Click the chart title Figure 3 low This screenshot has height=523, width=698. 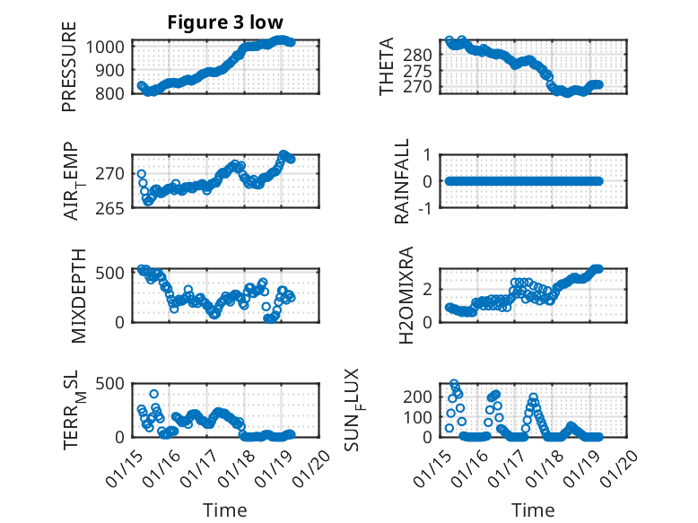coord(226,23)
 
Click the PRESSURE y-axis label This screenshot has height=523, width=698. coord(69,74)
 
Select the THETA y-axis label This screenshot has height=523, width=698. coord(387,66)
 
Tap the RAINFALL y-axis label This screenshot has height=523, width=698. coord(402,181)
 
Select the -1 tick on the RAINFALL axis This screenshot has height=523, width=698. coord(427,208)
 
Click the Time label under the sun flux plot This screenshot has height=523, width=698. coord(533,510)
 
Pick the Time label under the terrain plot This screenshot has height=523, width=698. coord(224,510)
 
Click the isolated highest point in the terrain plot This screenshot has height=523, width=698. coord(154,394)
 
